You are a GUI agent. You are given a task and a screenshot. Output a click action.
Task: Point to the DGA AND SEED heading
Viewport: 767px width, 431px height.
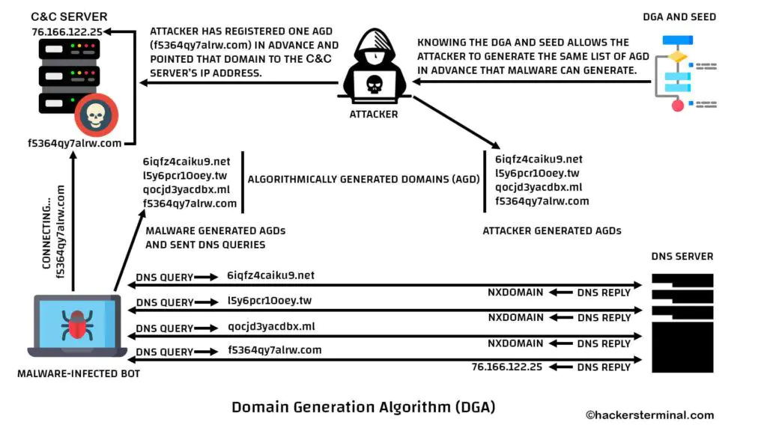click(x=679, y=16)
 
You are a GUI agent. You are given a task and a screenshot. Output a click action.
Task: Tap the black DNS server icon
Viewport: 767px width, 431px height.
click(x=682, y=322)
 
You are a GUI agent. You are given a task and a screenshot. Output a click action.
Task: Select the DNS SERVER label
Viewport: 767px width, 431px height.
click(x=682, y=257)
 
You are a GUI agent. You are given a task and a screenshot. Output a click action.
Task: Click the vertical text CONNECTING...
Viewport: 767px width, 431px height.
click(x=46, y=232)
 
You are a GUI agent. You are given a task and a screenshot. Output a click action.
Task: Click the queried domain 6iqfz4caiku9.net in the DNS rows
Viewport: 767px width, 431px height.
click(x=270, y=275)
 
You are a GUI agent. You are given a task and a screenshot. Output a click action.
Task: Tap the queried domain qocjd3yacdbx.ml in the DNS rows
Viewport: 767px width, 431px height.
click(x=270, y=327)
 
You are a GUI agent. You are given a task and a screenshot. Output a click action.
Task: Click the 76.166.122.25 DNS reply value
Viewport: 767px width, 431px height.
click(x=507, y=367)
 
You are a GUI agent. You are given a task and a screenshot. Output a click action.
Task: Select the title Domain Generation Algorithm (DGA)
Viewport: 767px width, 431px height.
click(x=363, y=407)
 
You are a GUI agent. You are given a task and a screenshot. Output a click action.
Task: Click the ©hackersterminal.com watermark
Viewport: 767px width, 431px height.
click(x=649, y=415)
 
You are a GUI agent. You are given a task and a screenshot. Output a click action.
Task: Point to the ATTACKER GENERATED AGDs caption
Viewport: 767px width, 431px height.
click(x=552, y=231)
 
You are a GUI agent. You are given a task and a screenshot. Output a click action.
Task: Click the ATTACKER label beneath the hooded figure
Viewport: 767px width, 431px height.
click(x=374, y=114)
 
